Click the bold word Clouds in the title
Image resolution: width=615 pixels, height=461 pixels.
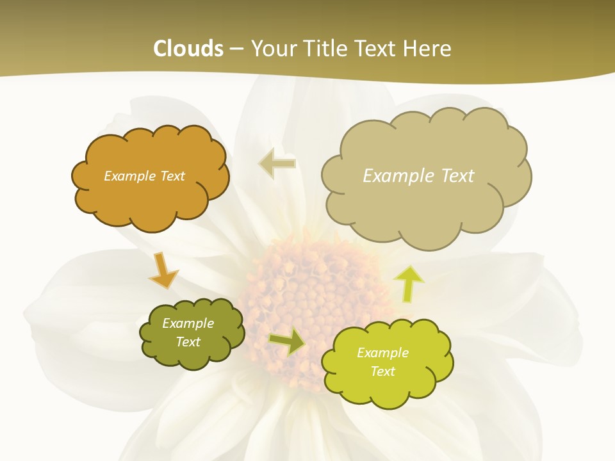tap(188, 49)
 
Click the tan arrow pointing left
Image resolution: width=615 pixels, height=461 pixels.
tap(277, 163)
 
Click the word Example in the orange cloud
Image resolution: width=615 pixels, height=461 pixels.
tap(128, 176)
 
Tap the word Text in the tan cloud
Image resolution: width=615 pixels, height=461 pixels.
tap(457, 176)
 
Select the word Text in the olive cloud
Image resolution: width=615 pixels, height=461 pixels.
tap(188, 342)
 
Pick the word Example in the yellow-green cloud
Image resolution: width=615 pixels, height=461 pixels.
tap(382, 353)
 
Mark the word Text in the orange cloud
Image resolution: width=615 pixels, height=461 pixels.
tap(172, 176)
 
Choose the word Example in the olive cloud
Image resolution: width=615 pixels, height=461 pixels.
tap(188, 323)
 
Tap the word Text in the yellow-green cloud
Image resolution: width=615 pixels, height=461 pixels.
tap(382, 371)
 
